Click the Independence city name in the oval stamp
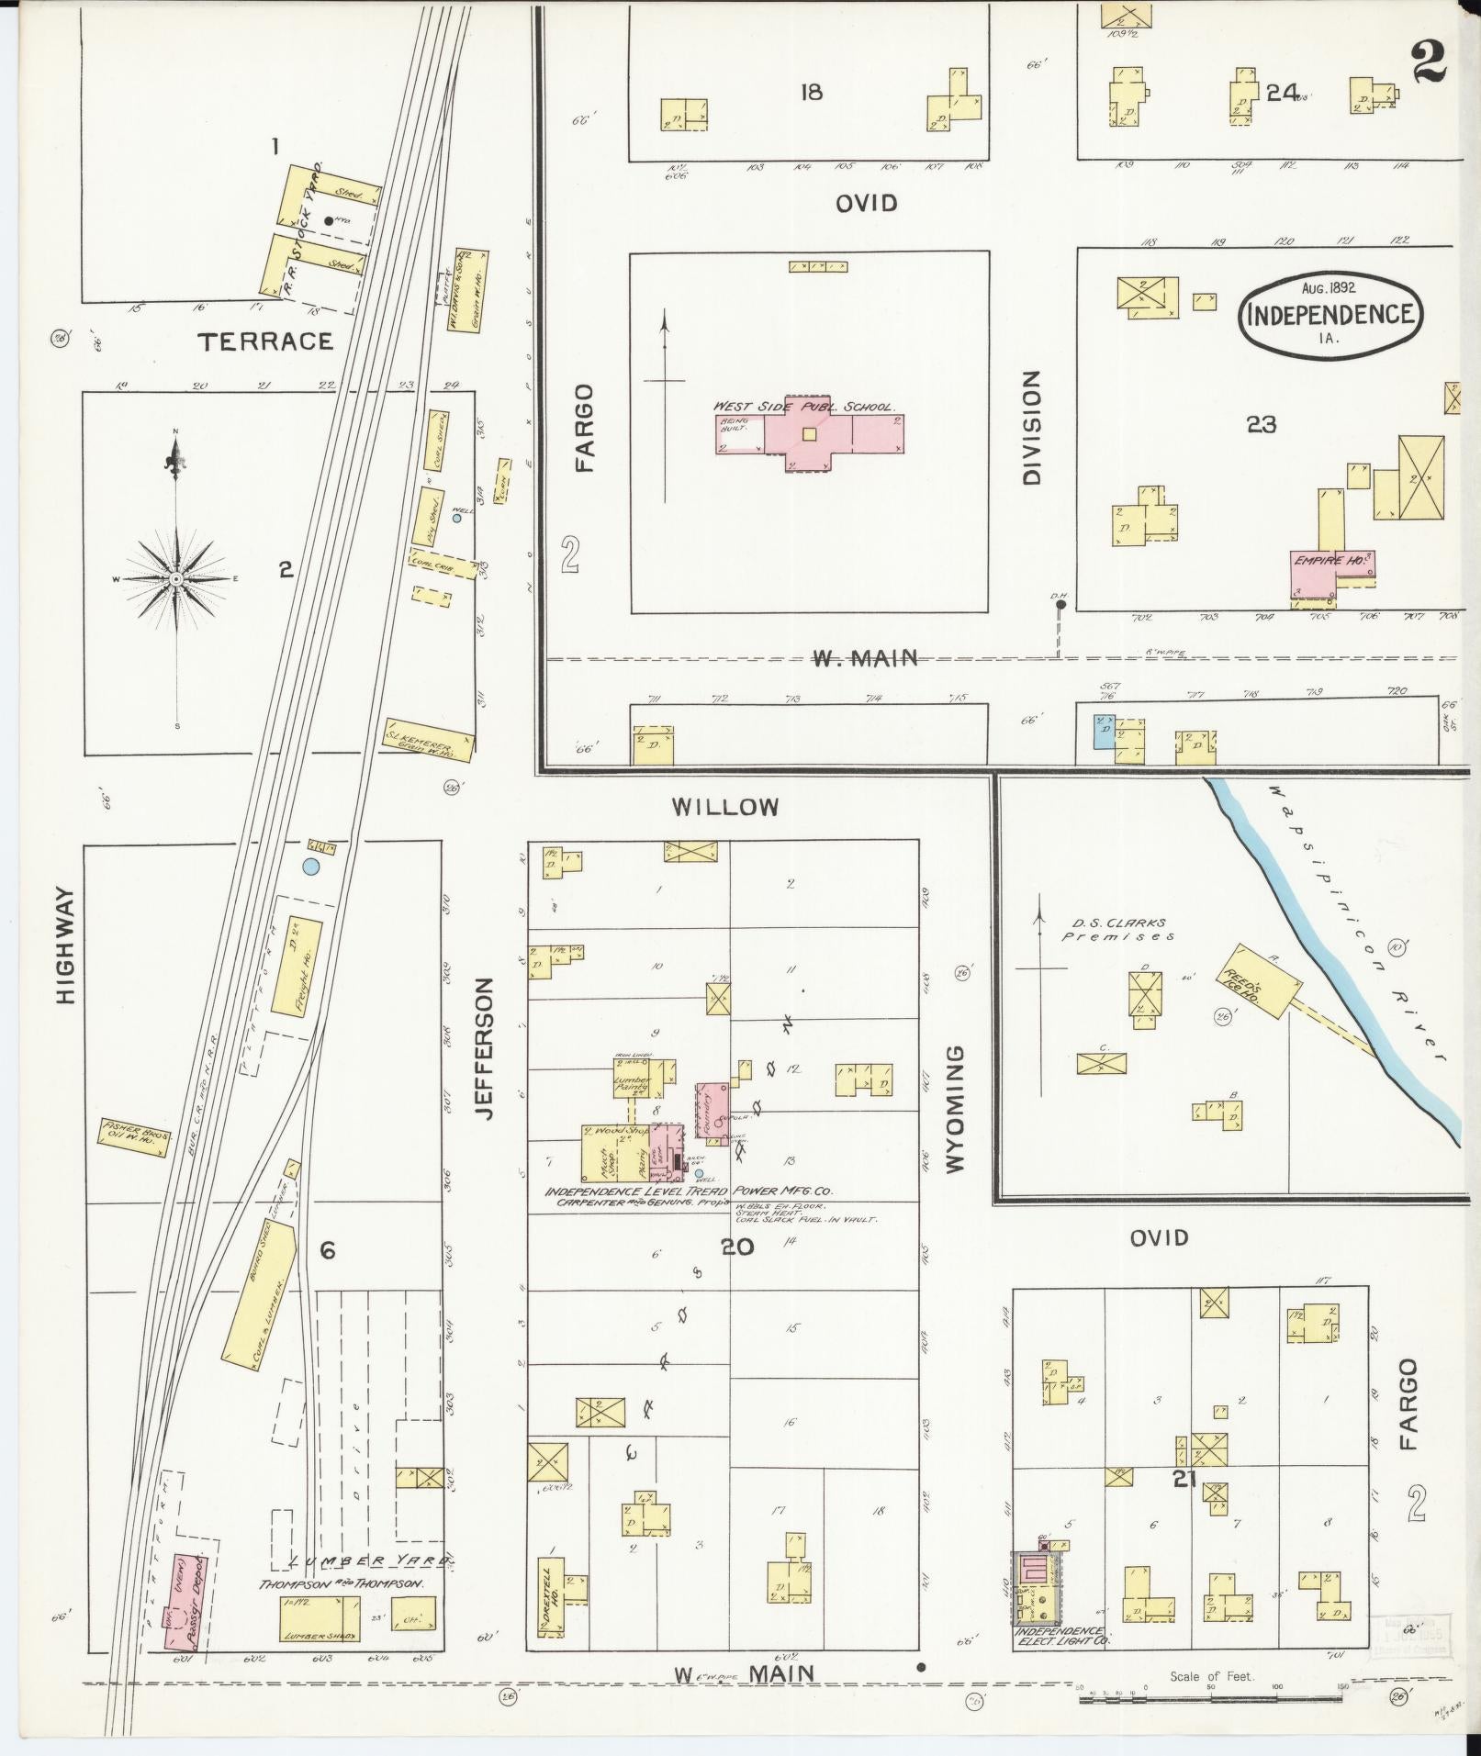click(x=1330, y=315)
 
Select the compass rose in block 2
click(x=176, y=580)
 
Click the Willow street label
click(x=725, y=807)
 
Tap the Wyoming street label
click(x=955, y=1108)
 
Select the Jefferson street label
click(x=487, y=1048)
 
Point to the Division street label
click(x=1032, y=427)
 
